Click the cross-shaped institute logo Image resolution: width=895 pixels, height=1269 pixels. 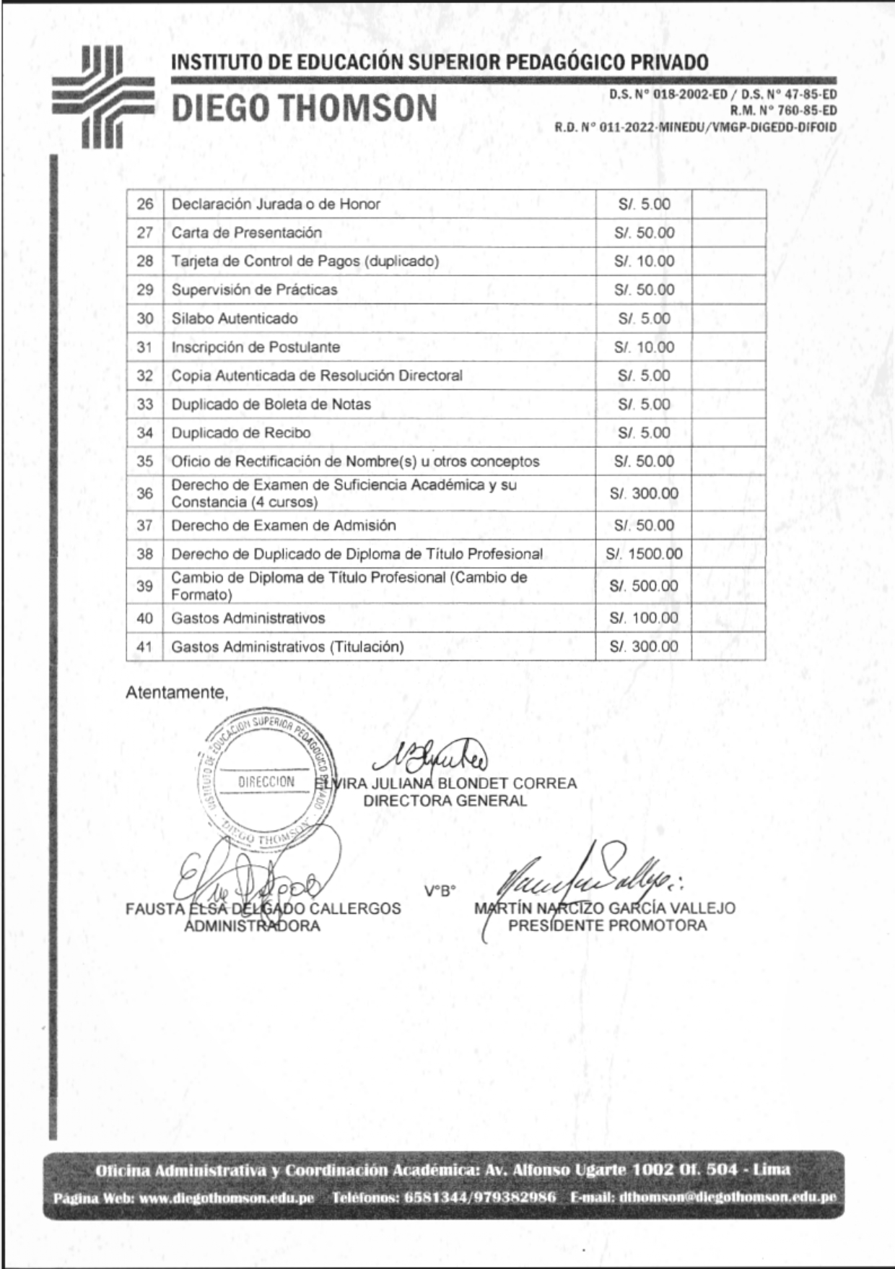click(103, 96)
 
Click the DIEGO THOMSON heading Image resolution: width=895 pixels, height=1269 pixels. click(304, 108)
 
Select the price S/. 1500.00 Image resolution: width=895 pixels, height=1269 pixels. click(644, 554)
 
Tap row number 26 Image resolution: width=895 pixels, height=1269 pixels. click(145, 204)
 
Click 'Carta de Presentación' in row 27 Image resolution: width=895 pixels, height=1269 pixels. click(246, 233)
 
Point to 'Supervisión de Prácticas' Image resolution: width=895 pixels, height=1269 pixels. click(254, 290)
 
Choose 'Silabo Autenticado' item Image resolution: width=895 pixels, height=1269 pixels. click(234, 319)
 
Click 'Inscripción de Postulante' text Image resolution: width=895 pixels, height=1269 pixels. click(256, 347)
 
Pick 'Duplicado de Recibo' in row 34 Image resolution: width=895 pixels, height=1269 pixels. click(240, 433)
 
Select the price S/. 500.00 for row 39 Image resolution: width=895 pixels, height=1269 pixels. click(644, 586)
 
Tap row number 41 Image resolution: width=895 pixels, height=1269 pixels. click(145, 646)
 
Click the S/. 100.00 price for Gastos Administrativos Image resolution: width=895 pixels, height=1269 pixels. click(644, 618)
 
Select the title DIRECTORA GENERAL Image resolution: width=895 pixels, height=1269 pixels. click(445, 801)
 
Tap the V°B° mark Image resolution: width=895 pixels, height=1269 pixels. click(440, 891)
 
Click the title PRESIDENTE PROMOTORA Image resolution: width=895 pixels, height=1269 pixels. click(607, 926)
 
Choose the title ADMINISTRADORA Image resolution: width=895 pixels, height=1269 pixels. click(252, 926)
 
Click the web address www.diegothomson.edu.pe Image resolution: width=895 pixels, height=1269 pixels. click(227, 1197)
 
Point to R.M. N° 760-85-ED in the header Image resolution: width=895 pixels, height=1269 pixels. click(783, 111)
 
